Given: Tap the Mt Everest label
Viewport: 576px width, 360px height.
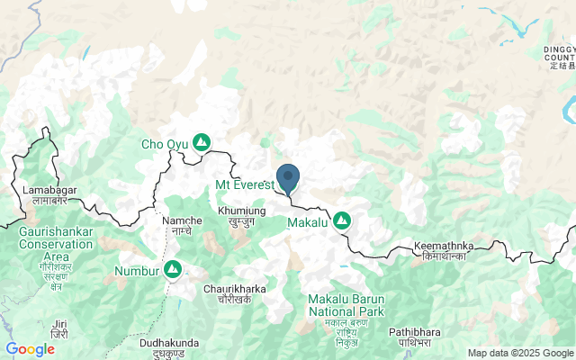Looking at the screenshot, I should pos(244,184).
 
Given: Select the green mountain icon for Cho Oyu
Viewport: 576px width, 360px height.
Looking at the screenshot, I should pos(202,142).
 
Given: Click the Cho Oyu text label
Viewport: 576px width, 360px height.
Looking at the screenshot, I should pos(165,143).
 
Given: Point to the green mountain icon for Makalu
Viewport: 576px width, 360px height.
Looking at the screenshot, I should pos(342,220).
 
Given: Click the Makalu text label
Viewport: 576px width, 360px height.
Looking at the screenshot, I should pos(308,221).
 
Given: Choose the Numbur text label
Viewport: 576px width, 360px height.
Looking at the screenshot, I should pos(137,270).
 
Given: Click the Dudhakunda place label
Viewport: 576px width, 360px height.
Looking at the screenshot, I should pos(171,347).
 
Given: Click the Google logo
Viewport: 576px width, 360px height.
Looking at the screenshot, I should pos(30,349).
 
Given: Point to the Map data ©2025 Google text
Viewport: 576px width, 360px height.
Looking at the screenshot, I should pos(519,353).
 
